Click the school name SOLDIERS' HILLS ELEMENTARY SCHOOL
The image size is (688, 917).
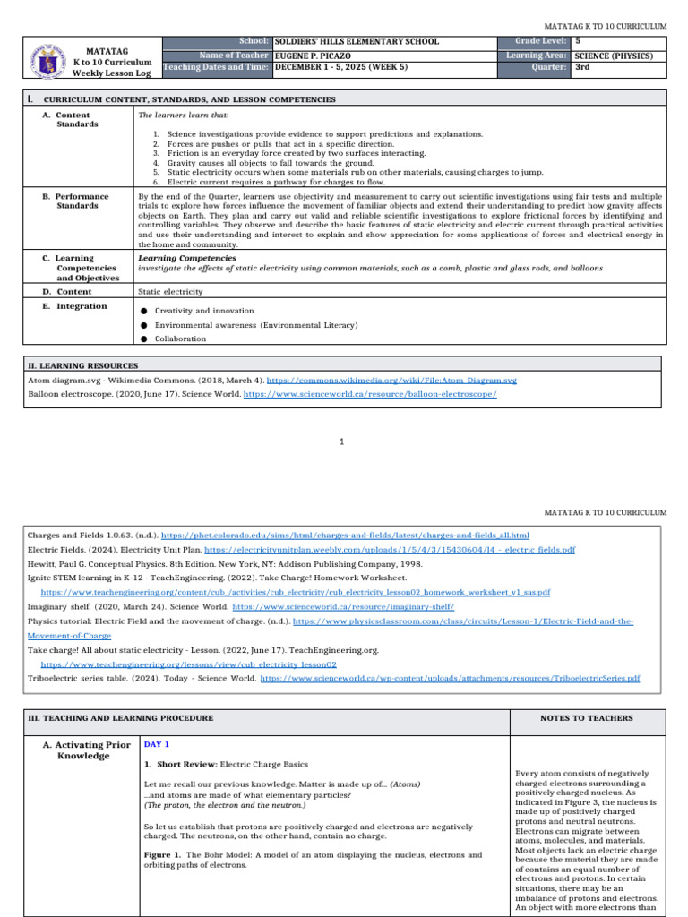pos(357,41)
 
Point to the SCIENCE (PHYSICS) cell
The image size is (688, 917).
pos(614,56)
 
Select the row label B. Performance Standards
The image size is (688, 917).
pos(82,201)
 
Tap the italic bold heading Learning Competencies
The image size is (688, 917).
pos(187,258)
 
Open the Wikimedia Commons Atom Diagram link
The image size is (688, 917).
pos(391,380)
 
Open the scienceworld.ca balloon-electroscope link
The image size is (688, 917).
pos(370,393)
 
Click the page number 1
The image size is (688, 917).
pos(343,441)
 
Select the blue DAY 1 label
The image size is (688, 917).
pos(157,744)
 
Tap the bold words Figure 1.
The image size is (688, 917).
pos(164,855)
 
